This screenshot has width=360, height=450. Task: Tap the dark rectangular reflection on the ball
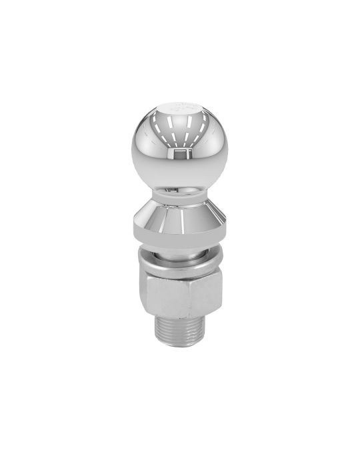pyautogui.click(x=178, y=156)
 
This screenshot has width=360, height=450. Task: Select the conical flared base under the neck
pyautogui.click(x=180, y=213)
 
